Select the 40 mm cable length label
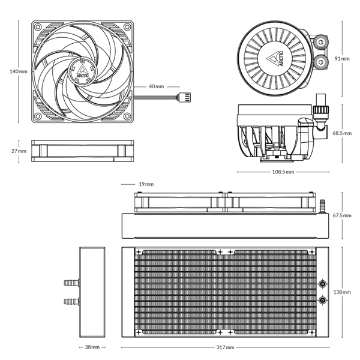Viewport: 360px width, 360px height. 155,86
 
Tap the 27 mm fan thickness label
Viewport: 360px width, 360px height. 19,151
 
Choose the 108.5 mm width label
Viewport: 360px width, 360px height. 282,172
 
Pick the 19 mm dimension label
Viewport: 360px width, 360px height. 146,184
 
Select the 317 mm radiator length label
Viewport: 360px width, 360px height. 226,347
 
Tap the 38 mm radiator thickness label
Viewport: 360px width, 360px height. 92,347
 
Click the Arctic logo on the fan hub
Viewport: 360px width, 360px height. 82,73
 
